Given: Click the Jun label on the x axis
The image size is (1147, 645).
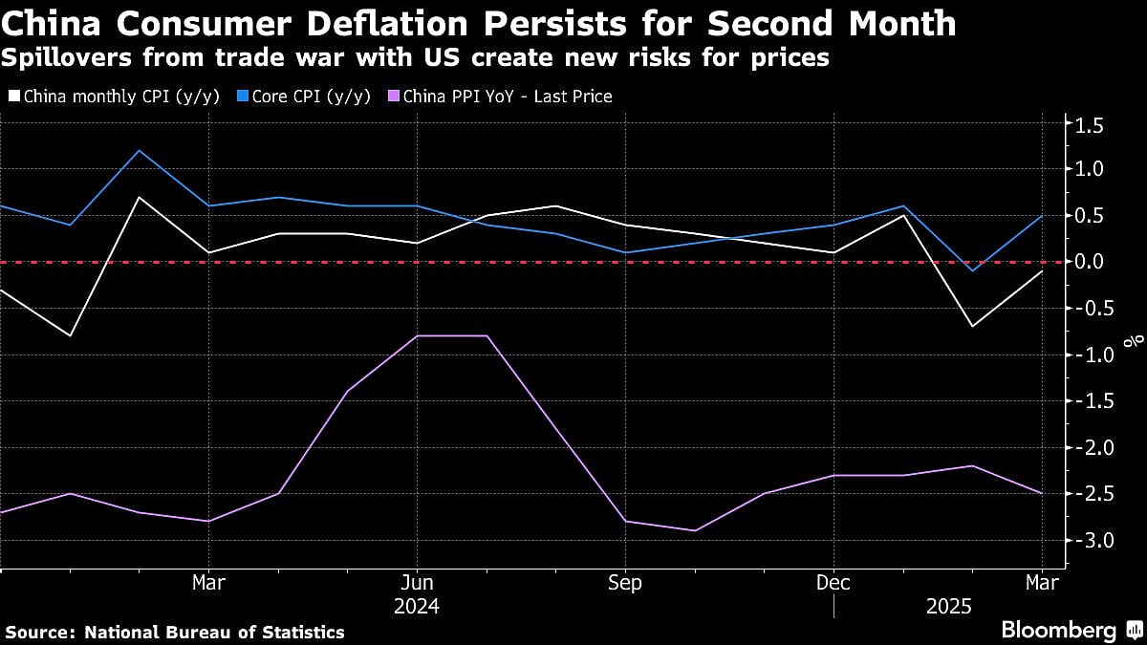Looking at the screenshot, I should [x=416, y=583].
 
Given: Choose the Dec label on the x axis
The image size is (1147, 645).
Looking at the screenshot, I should [x=833, y=583].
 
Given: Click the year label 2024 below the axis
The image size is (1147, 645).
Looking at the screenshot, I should [x=416, y=606].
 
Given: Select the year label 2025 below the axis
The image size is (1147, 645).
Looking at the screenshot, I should [x=948, y=606].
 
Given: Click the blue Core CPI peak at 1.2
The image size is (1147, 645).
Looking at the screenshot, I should [x=140, y=150].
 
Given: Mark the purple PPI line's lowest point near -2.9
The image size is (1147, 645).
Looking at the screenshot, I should [x=695, y=530].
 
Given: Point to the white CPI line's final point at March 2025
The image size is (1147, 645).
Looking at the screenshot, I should [x=1041, y=271].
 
